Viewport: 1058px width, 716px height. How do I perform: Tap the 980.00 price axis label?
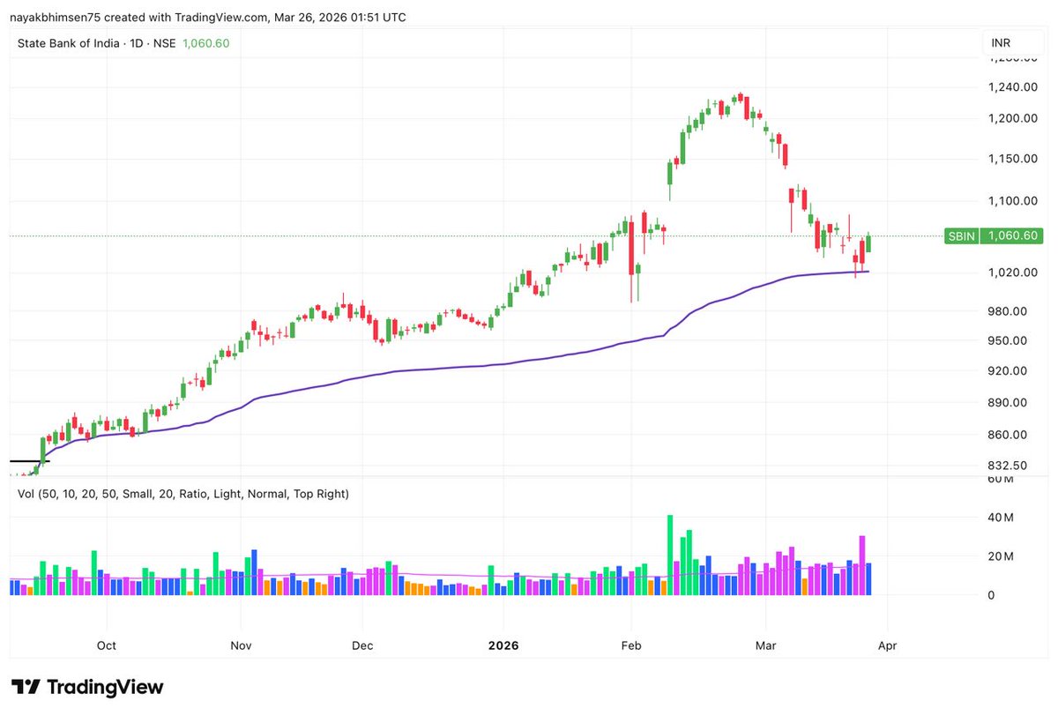click(x=1006, y=310)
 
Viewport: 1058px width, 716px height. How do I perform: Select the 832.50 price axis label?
click(x=1006, y=465)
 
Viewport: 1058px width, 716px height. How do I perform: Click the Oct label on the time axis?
click(x=107, y=645)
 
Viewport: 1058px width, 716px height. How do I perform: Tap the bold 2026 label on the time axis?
click(x=504, y=645)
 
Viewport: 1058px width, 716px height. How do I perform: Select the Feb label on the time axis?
click(x=630, y=645)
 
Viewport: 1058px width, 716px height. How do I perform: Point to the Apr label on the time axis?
click(x=887, y=645)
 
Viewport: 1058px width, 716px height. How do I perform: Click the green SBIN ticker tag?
click(x=960, y=235)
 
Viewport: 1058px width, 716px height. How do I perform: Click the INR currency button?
click(x=1001, y=42)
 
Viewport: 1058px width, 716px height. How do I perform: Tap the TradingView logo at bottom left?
click(x=87, y=687)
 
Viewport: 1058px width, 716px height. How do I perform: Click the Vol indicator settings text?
click(x=183, y=494)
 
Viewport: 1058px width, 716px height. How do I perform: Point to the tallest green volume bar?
click(x=670, y=555)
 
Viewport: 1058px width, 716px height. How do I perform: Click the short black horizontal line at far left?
click(x=29, y=460)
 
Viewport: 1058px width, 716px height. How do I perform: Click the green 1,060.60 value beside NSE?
click(x=205, y=43)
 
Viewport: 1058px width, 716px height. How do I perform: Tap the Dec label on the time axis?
click(x=362, y=645)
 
